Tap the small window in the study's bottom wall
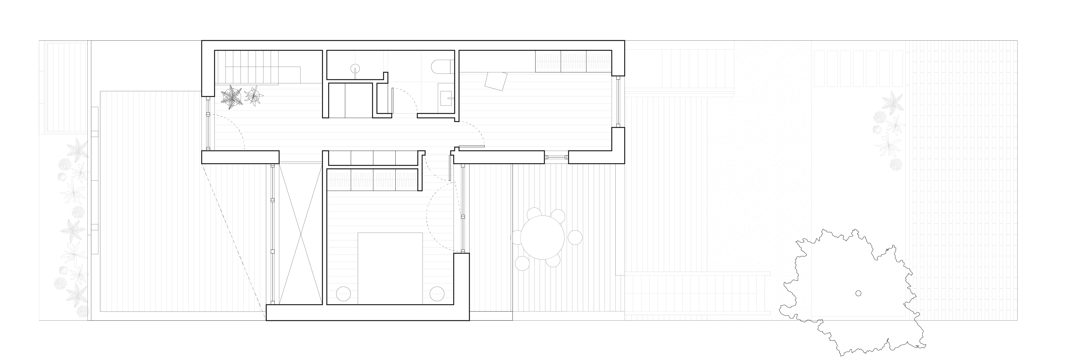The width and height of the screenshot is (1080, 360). pos(556,157)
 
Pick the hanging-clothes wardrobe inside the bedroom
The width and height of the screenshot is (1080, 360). pos(373,179)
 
